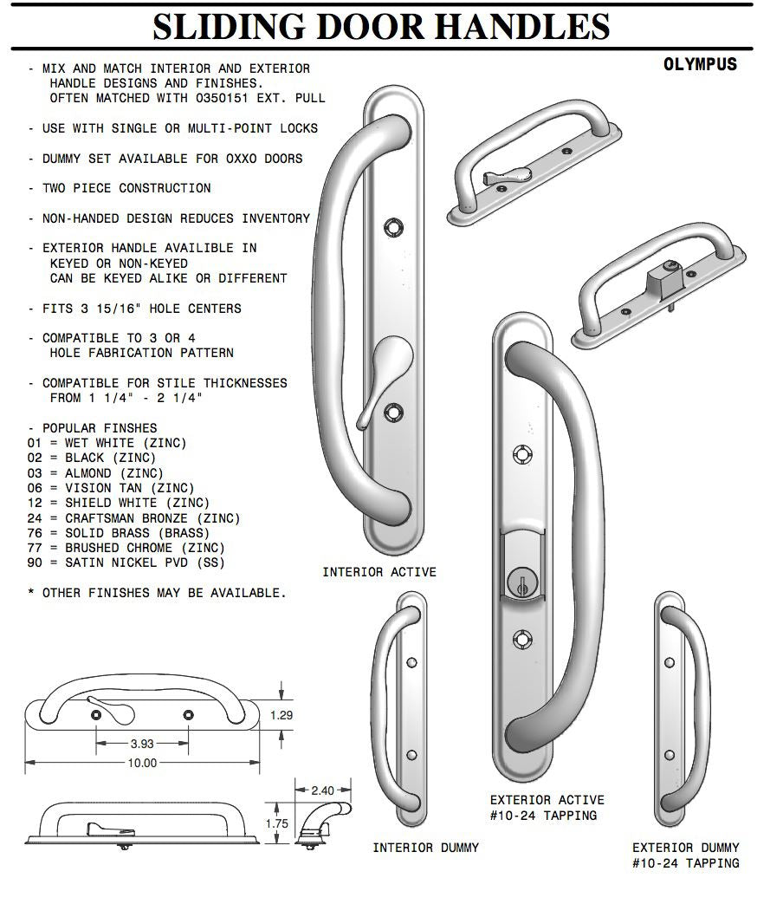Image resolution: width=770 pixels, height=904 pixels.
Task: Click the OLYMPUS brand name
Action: (700, 64)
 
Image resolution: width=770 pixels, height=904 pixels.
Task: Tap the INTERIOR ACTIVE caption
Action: (379, 572)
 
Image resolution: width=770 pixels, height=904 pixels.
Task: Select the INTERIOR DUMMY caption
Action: (425, 847)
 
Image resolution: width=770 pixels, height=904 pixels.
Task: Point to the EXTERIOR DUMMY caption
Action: (686, 847)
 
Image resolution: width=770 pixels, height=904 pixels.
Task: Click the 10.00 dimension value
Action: (143, 763)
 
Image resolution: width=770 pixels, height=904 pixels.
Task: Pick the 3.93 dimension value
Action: (142, 743)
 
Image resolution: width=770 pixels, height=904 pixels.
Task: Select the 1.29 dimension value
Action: (282, 715)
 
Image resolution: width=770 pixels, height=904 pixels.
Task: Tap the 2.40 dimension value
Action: (322, 790)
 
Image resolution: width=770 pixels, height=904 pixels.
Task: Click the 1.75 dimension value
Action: (276, 823)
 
